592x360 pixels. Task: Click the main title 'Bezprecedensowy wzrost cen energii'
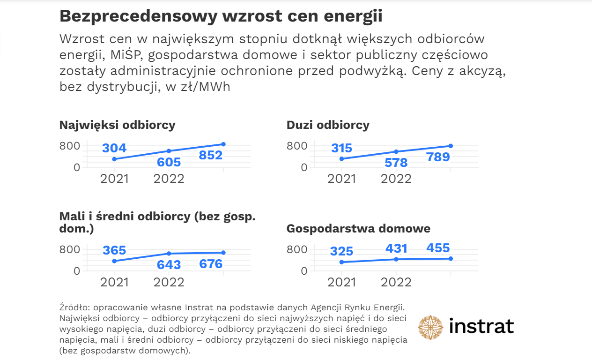(x=221, y=16)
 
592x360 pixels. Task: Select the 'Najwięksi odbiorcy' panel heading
(x=117, y=125)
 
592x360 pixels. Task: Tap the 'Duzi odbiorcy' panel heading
(x=328, y=125)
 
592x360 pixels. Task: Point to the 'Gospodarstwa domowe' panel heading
(x=358, y=229)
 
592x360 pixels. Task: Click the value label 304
(x=114, y=148)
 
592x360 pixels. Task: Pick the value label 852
(x=211, y=155)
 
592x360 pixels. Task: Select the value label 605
(x=169, y=162)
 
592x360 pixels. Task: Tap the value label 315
(x=341, y=148)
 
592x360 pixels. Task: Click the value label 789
(x=438, y=157)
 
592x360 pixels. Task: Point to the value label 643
(x=169, y=265)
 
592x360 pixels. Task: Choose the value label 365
(x=114, y=250)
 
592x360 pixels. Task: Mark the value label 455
(x=438, y=248)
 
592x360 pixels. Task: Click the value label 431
(x=396, y=248)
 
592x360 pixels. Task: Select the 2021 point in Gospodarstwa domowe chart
(x=341, y=262)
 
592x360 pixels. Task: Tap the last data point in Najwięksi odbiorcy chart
(x=223, y=144)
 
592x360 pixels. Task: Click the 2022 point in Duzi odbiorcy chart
(x=396, y=151)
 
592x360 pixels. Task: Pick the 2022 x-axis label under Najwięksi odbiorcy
(x=169, y=179)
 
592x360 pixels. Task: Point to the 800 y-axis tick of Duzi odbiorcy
(x=297, y=146)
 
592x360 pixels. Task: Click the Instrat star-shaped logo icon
(x=430, y=327)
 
